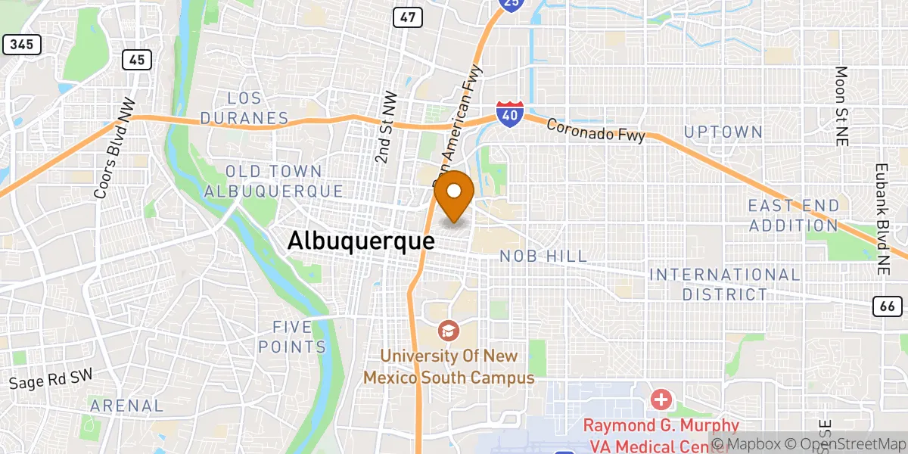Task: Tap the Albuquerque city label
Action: point(361,241)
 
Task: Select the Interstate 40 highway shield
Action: point(508,113)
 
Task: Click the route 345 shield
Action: point(22,45)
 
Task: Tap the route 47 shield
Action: point(407,17)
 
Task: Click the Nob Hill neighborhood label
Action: point(543,257)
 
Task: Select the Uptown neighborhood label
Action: point(723,132)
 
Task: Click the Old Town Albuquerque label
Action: point(274,182)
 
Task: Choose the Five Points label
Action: point(292,337)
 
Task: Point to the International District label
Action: point(724,284)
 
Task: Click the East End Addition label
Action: point(793,216)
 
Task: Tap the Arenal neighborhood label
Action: point(126,406)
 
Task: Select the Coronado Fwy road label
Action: point(595,129)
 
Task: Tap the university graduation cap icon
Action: point(449,331)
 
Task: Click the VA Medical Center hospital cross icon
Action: point(661,399)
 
